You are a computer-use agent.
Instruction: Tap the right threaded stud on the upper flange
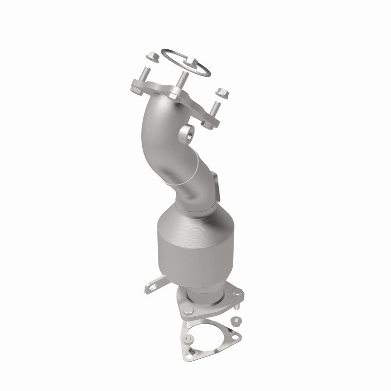[x=215, y=109]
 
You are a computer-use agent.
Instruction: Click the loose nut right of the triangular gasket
[x=236, y=322]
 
